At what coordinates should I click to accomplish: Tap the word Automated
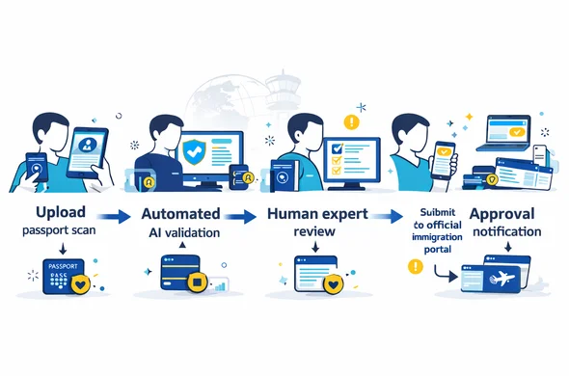[180, 212]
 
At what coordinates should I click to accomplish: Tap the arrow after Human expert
[387, 218]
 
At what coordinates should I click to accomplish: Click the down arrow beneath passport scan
[62, 249]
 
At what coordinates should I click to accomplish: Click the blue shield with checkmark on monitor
[196, 151]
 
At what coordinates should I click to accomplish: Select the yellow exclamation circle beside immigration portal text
[416, 266]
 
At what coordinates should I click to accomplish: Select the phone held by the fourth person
[445, 159]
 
